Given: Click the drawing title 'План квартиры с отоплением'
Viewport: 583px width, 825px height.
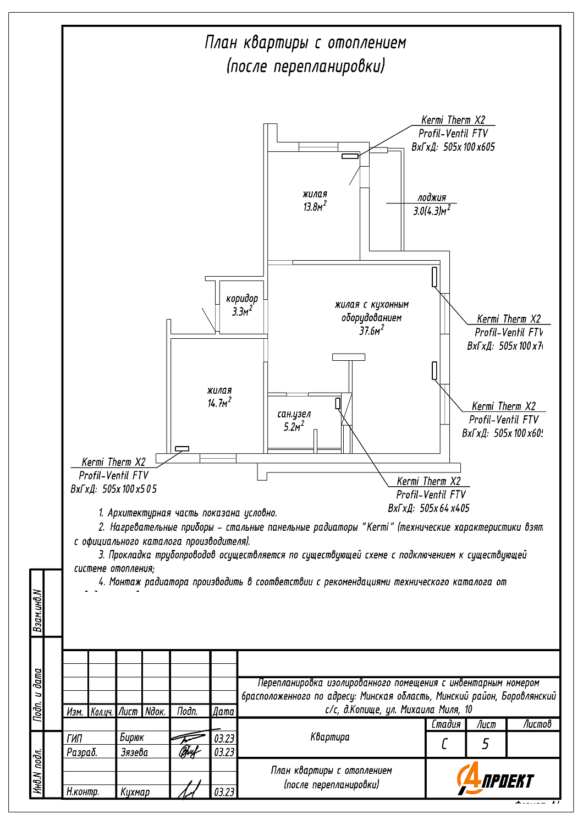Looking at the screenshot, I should tap(305, 43).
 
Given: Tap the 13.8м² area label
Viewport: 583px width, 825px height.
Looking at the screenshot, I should tap(315, 207).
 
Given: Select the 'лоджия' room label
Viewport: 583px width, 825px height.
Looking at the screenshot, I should tap(432, 197).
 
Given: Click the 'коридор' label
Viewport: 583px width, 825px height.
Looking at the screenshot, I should tap(241, 299).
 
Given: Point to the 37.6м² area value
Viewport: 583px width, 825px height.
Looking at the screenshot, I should tap(372, 331).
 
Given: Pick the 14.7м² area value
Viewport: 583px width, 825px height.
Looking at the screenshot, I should tap(219, 403).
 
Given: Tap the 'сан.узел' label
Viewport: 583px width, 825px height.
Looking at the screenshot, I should tap(294, 414).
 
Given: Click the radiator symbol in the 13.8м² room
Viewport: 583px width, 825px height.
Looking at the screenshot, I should tap(350, 156).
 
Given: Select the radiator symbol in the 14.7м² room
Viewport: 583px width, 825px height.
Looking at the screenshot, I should tap(182, 449).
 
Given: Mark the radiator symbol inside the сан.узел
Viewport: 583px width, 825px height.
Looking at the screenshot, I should tap(338, 403).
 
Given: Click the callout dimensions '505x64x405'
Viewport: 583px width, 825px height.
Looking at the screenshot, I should tap(444, 508).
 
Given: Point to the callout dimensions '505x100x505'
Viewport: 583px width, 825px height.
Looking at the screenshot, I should tap(129, 489).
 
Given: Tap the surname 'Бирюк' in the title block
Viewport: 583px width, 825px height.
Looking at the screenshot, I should tap(132, 738).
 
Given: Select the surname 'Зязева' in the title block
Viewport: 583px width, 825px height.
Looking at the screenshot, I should tap(134, 752).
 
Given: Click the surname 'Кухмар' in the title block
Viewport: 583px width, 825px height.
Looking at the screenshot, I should tap(135, 792).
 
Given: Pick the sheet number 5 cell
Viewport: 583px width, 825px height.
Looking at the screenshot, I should tap(485, 744).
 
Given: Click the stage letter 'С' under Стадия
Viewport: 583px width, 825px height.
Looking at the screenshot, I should tap(444, 744).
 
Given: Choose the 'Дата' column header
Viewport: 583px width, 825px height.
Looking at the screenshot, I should tap(223, 711).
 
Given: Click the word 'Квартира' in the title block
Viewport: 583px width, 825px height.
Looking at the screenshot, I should tap(330, 737).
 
